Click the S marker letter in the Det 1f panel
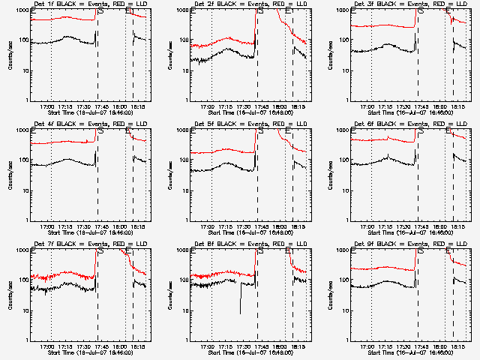point(100,12)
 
